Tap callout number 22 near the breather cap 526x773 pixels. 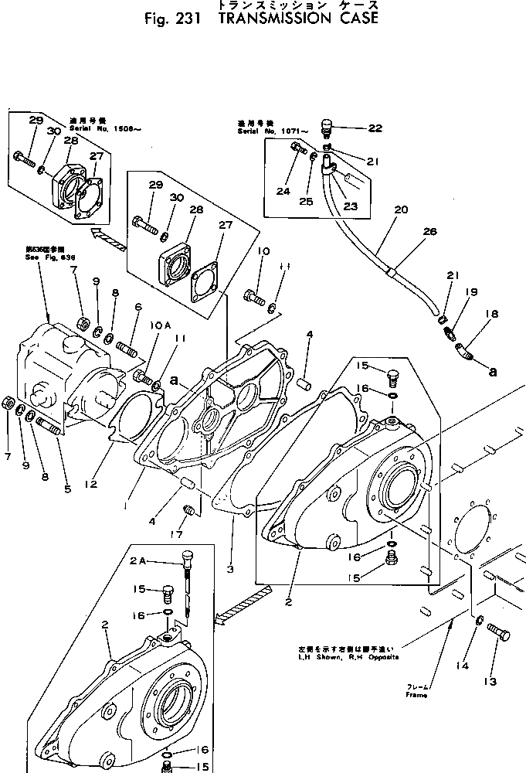pyautogui.click(x=375, y=129)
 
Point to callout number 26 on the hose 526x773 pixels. pyautogui.click(x=429, y=231)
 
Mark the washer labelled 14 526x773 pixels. pyautogui.click(x=480, y=619)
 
